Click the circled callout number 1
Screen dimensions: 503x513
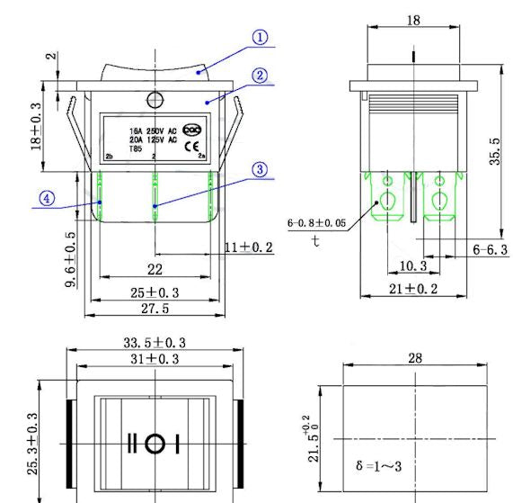260,38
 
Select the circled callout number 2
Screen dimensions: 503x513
260,76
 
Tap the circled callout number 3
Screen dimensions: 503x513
259,169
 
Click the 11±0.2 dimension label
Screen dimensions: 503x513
248,247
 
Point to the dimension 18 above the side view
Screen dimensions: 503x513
413,20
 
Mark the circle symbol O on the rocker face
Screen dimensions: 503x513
155,444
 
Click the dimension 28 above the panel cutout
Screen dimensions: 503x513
415,358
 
